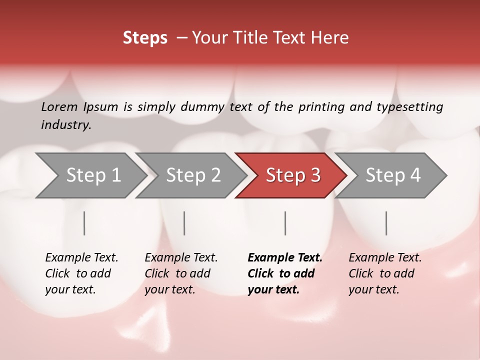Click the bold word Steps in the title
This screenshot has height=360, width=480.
[145, 38]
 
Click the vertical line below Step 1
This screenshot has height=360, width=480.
[84, 223]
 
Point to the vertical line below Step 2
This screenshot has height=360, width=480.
[184, 223]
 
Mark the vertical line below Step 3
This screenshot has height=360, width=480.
[285, 223]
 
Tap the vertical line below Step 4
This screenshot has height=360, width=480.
[386, 223]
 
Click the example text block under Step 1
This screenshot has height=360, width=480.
[81, 273]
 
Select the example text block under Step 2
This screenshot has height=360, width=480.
[181, 273]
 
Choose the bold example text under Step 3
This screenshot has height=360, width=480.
[285, 273]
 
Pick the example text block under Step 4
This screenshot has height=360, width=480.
[385, 273]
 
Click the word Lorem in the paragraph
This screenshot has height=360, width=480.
[59, 106]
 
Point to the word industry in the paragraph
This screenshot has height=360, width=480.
[65, 124]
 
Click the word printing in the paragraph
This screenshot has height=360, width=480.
[320, 106]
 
